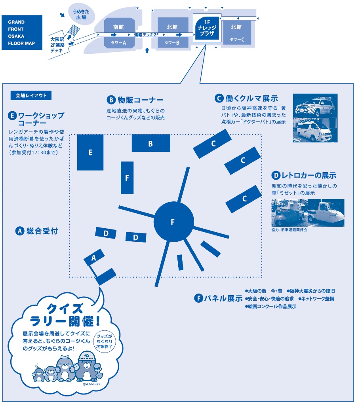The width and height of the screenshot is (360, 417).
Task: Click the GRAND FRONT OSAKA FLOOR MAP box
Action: [22, 33]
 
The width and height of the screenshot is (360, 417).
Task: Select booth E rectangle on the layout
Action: [90, 152]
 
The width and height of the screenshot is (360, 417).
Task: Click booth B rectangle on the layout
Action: [150, 143]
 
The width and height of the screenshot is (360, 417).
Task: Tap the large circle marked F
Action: [173, 222]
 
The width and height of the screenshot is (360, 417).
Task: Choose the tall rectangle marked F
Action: [127, 178]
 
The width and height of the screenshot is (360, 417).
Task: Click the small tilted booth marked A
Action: [94, 258]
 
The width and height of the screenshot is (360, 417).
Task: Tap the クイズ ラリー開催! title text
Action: [63, 313]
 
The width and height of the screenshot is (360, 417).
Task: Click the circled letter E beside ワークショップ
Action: [12, 116]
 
